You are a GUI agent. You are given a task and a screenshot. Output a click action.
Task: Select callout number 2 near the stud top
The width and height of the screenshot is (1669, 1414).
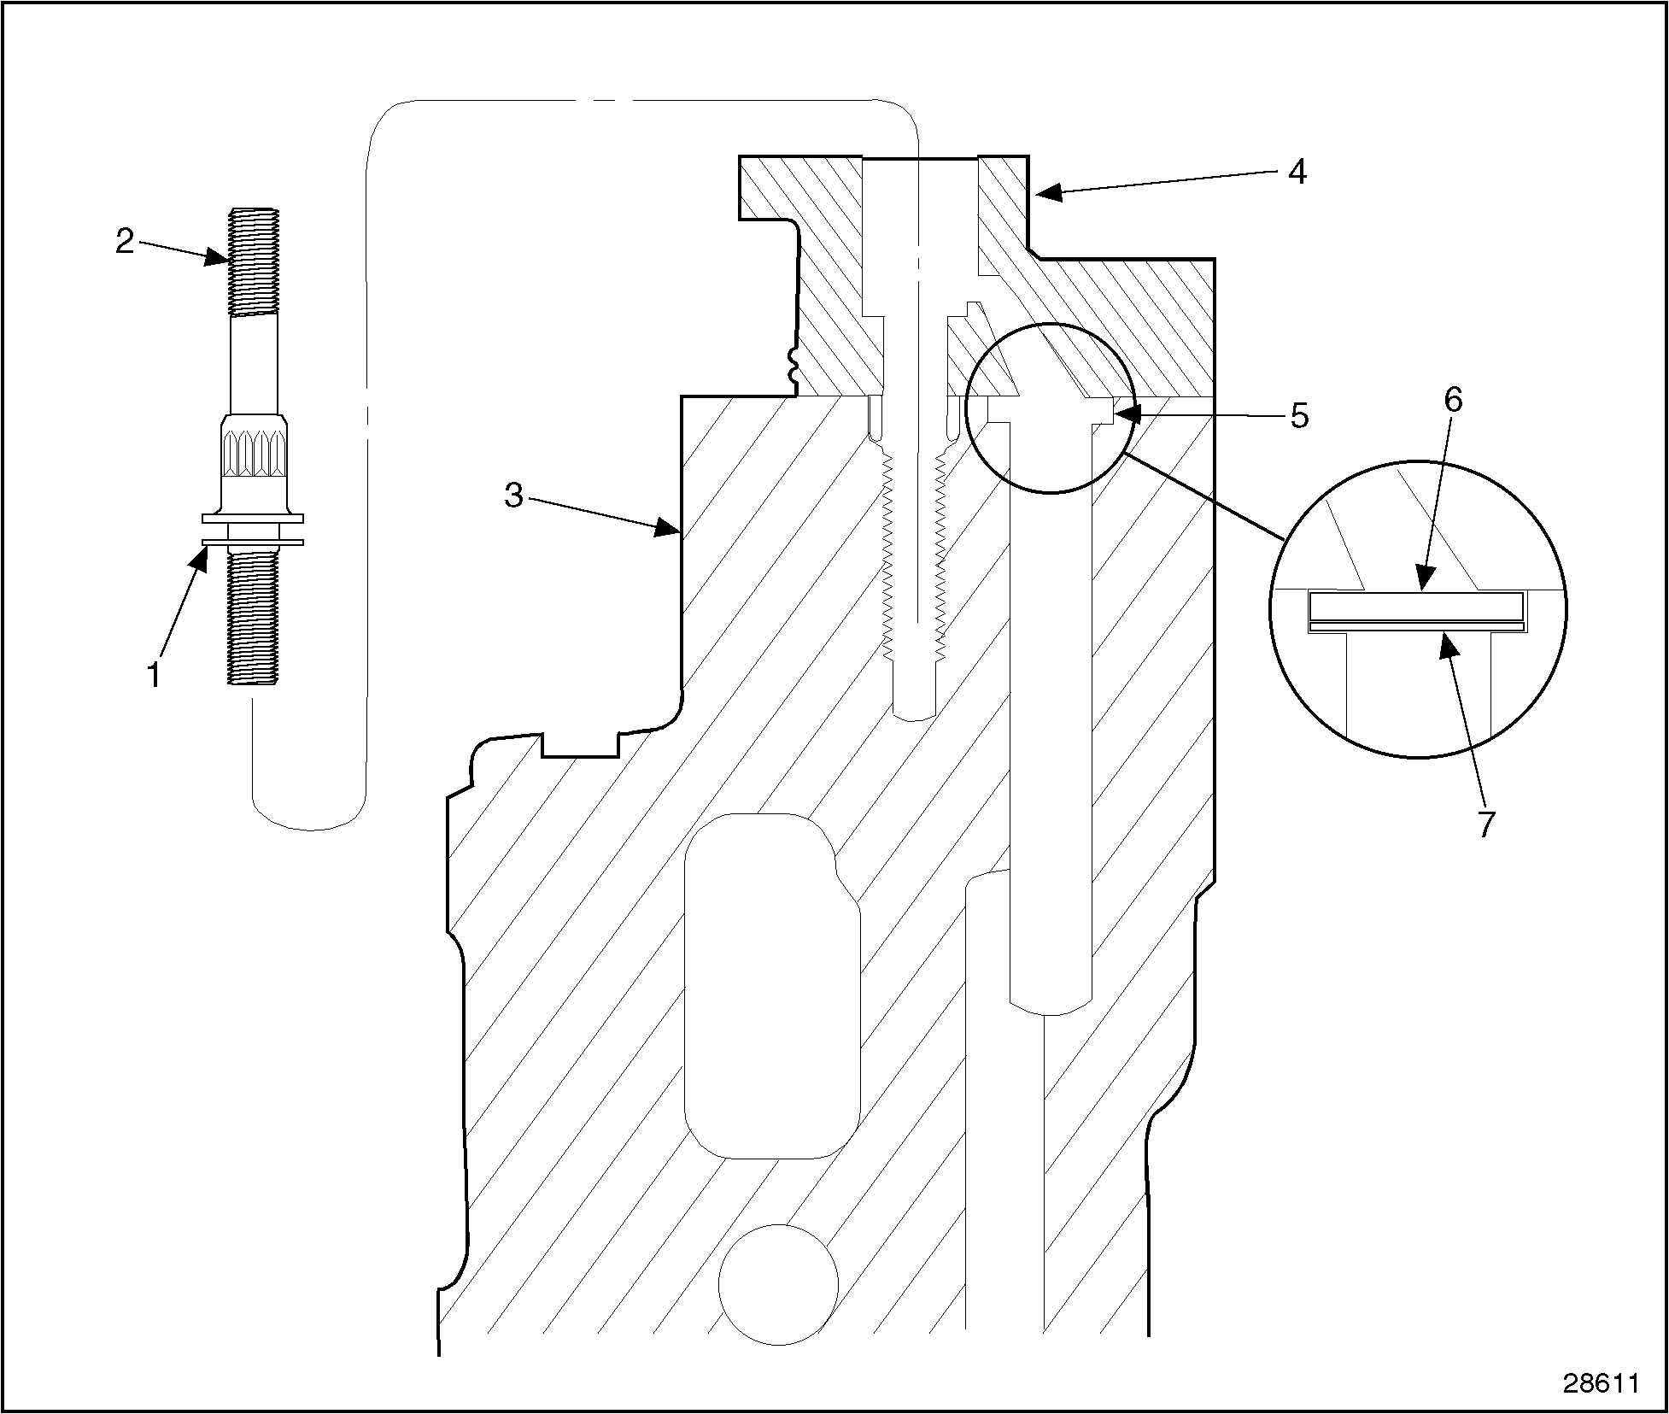[126, 242]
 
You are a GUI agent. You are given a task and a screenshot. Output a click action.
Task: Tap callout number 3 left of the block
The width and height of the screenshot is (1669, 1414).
[513, 495]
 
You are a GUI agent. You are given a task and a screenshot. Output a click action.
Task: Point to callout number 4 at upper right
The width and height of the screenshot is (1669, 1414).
[1297, 172]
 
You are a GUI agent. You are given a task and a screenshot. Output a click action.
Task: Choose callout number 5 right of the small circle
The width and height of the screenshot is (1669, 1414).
[1298, 416]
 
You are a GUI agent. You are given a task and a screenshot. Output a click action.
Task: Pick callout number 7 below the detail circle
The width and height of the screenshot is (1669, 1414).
[1486, 824]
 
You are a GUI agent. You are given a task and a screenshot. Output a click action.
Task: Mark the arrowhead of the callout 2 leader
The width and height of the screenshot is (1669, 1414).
[220, 257]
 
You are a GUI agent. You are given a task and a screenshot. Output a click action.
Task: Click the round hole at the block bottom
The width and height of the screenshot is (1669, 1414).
[777, 1283]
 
